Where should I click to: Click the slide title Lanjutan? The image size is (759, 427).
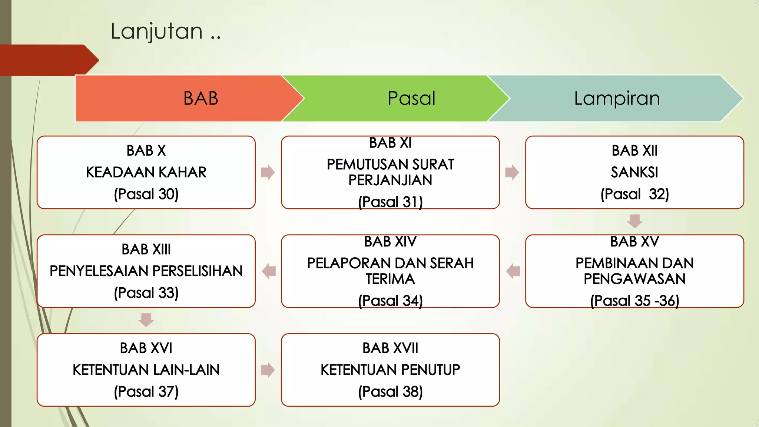165,31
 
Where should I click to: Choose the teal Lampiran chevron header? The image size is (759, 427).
617,98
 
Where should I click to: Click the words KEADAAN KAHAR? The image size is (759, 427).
146,172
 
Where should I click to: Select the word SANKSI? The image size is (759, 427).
634,172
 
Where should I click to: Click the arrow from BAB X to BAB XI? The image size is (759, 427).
268,172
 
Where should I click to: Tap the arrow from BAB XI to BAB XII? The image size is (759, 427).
512,172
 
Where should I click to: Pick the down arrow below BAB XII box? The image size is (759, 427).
634,221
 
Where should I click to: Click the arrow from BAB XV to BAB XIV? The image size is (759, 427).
513,271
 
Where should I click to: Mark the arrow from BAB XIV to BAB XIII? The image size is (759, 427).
269,271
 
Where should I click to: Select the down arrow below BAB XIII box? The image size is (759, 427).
146,320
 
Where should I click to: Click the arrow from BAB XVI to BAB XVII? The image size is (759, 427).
268,370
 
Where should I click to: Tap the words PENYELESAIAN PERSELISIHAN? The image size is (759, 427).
146,271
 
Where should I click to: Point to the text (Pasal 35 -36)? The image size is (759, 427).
634,301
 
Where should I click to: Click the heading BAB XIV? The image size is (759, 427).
390,242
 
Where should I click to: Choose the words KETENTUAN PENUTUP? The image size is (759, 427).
390,370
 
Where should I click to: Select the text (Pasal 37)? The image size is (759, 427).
146,392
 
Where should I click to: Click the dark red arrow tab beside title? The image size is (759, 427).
48,60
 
